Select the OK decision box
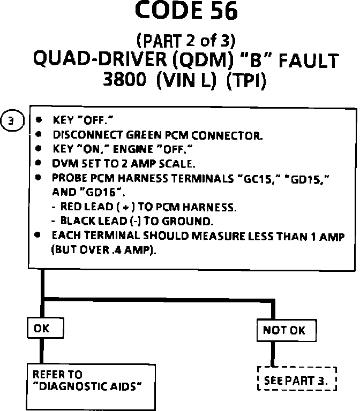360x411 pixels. click(41, 329)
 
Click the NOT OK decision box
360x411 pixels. click(284, 330)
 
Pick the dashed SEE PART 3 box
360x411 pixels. click(297, 380)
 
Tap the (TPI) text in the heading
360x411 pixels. click(246, 81)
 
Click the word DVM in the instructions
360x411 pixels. click(63, 162)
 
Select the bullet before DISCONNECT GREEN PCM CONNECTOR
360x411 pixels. click(40, 135)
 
